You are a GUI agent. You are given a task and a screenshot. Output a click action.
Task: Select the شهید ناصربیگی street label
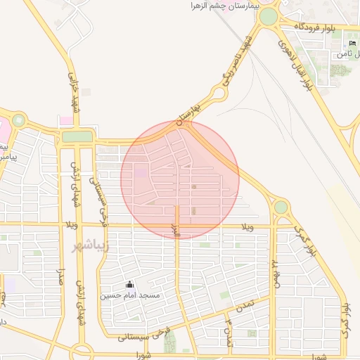pyautogui.click(x=237, y=62)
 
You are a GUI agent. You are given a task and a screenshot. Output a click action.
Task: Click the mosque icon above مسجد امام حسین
pyautogui.click(x=129, y=285)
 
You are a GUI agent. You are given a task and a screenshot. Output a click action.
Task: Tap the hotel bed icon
pyautogui.click(x=352, y=44)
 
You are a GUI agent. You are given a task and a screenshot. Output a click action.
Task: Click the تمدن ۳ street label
pyautogui.click(x=228, y=327)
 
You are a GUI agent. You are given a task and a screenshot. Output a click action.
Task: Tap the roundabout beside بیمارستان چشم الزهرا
pyautogui.click(x=268, y=15)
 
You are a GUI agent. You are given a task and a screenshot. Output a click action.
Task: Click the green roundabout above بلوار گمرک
pyautogui.click(x=281, y=207)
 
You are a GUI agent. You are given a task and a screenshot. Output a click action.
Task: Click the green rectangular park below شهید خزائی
pyautogui.click(x=77, y=136)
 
